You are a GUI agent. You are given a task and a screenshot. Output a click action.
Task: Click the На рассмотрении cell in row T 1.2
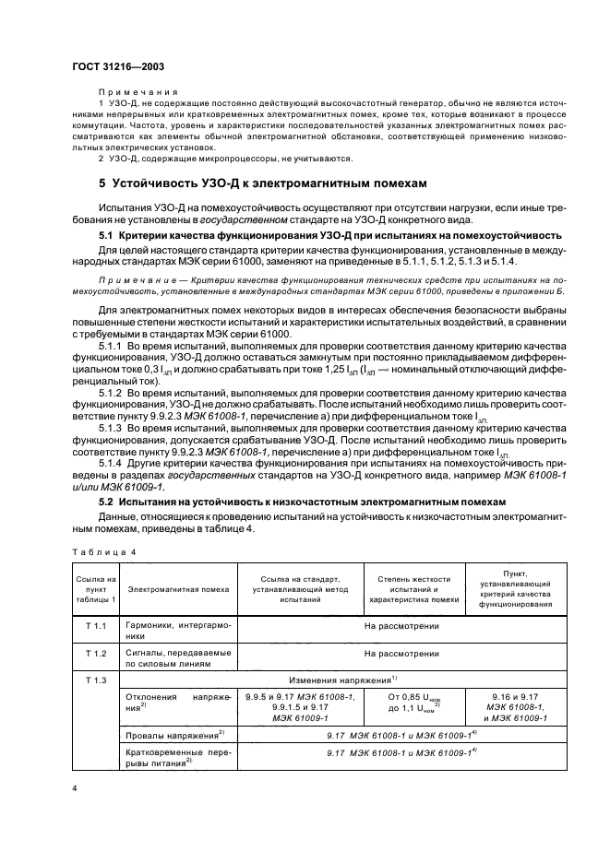(401, 653)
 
